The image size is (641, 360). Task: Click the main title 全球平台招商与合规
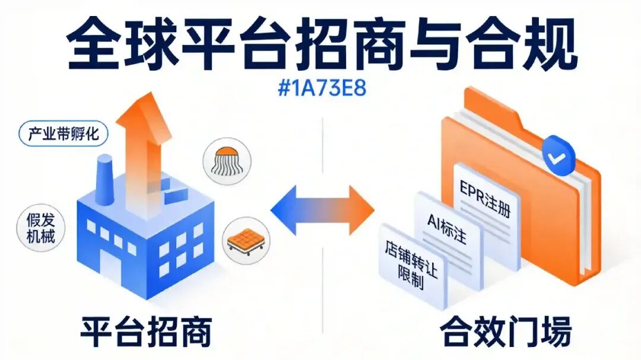coord(322,44)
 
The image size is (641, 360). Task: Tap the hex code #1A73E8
coord(322,88)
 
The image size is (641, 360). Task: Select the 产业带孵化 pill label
coord(64,133)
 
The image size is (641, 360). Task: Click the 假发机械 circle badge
coord(40,228)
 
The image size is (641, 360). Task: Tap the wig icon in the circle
coord(227,161)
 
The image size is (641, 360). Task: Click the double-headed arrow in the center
coord(322,210)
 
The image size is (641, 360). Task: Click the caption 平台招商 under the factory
coord(147,331)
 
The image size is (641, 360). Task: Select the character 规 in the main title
coord(550,44)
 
